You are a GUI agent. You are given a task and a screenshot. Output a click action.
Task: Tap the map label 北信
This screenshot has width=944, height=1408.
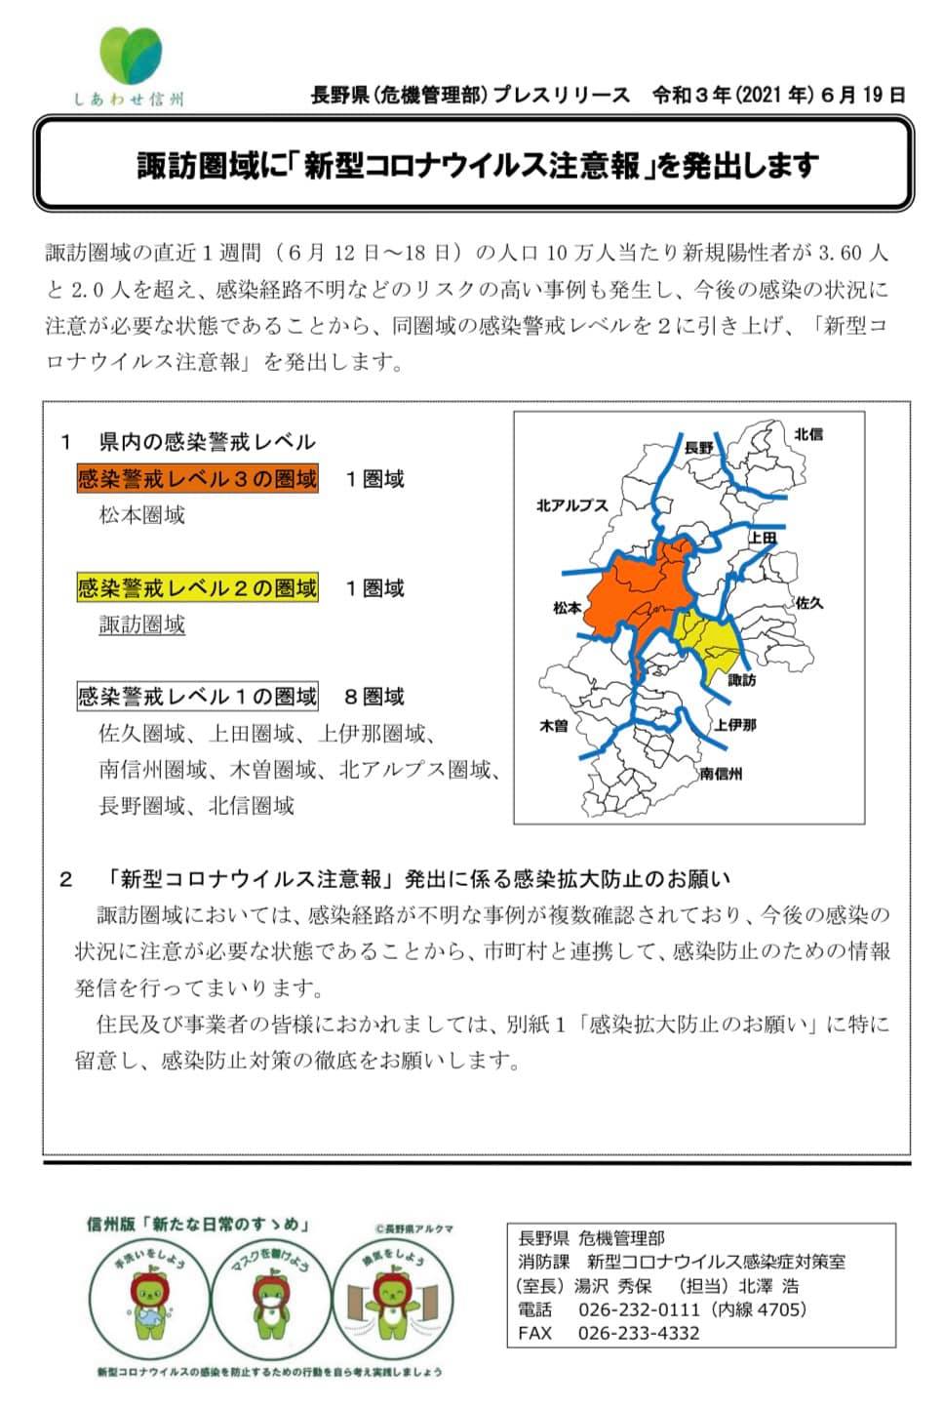(x=807, y=434)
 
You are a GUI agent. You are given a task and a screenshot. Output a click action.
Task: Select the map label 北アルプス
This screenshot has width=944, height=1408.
(x=571, y=505)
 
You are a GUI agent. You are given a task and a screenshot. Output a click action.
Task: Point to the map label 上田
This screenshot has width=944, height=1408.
(x=763, y=538)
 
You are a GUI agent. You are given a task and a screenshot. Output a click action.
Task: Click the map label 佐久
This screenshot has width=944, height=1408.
(x=809, y=603)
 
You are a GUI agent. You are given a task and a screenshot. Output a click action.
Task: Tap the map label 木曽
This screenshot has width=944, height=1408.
(x=554, y=725)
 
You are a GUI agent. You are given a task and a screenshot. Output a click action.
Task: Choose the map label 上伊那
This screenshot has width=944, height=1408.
(x=734, y=724)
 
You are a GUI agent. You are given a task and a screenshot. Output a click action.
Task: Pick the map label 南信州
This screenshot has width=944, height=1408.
(x=721, y=773)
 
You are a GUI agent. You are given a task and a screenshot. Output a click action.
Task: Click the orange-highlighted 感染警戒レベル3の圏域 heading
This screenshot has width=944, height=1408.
(x=198, y=479)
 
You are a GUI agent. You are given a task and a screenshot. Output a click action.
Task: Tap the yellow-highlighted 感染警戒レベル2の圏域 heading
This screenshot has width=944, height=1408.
(x=198, y=588)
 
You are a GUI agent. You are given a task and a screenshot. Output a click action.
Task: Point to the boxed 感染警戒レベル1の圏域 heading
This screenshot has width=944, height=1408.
(x=198, y=697)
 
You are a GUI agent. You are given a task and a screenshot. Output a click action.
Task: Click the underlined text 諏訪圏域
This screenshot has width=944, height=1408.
(x=142, y=624)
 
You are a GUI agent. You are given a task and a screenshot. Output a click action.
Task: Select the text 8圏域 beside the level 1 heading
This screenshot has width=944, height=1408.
(x=374, y=697)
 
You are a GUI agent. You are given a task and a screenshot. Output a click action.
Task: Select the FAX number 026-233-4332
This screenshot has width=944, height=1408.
(x=639, y=1333)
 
